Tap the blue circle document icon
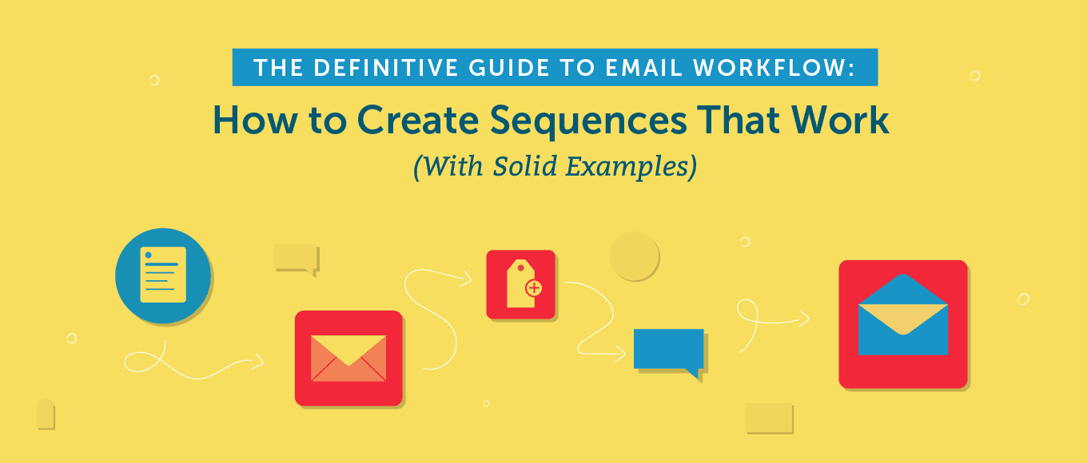(x=163, y=275)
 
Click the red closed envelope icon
(x=348, y=358)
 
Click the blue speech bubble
(x=669, y=350)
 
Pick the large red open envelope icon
(x=902, y=323)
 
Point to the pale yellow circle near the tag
(x=634, y=256)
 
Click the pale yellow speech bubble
(x=296, y=258)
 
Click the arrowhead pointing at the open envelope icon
(x=805, y=319)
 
